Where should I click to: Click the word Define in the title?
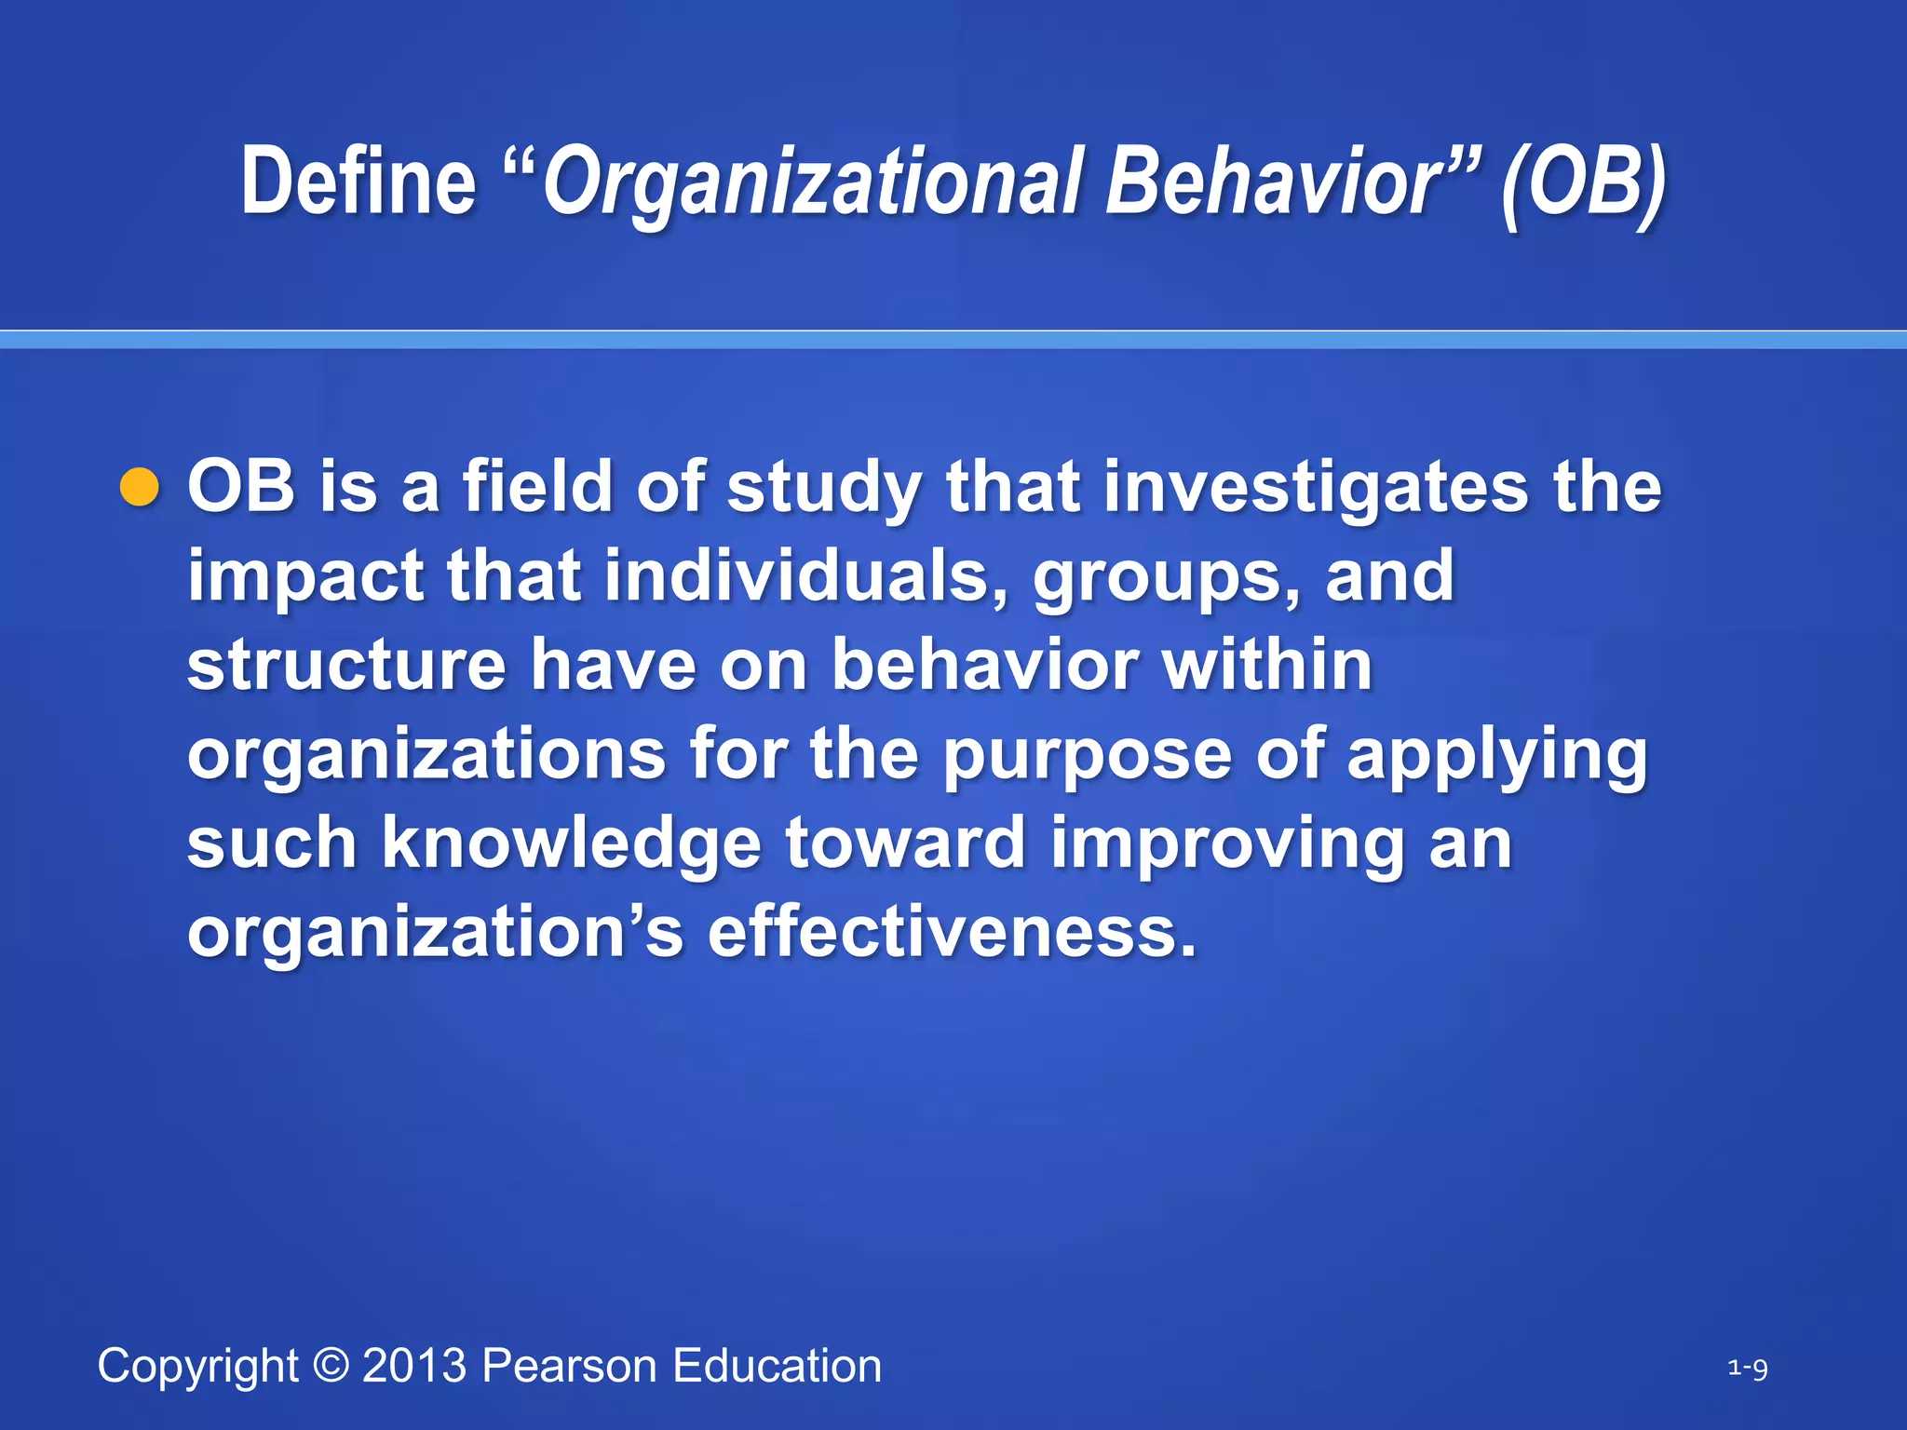[x=358, y=182]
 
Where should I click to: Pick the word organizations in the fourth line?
[x=426, y=756]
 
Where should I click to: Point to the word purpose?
[x=1087, y=756]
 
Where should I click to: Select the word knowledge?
[x=572, y=843]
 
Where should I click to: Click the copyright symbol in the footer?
[x=331, y=1366]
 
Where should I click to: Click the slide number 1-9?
[x=1747, y=1369]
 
